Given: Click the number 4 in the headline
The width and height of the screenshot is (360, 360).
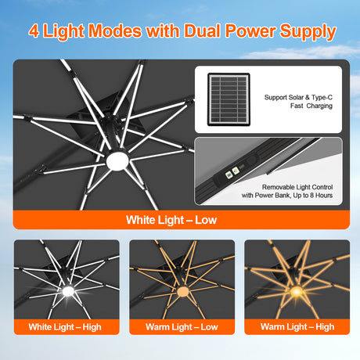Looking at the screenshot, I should pos(35,32).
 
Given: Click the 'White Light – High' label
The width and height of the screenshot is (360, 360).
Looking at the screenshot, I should pos(67,326).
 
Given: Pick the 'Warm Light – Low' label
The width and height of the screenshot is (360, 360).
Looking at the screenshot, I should pos(182,326).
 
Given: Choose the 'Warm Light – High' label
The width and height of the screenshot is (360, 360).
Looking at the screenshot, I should pos(297,326).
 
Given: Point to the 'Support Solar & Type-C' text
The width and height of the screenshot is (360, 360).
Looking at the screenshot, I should pos(297,98).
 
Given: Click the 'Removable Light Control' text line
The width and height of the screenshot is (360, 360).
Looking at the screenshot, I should pos(298,188).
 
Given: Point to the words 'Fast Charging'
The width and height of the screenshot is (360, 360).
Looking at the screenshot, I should pos(297,107).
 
